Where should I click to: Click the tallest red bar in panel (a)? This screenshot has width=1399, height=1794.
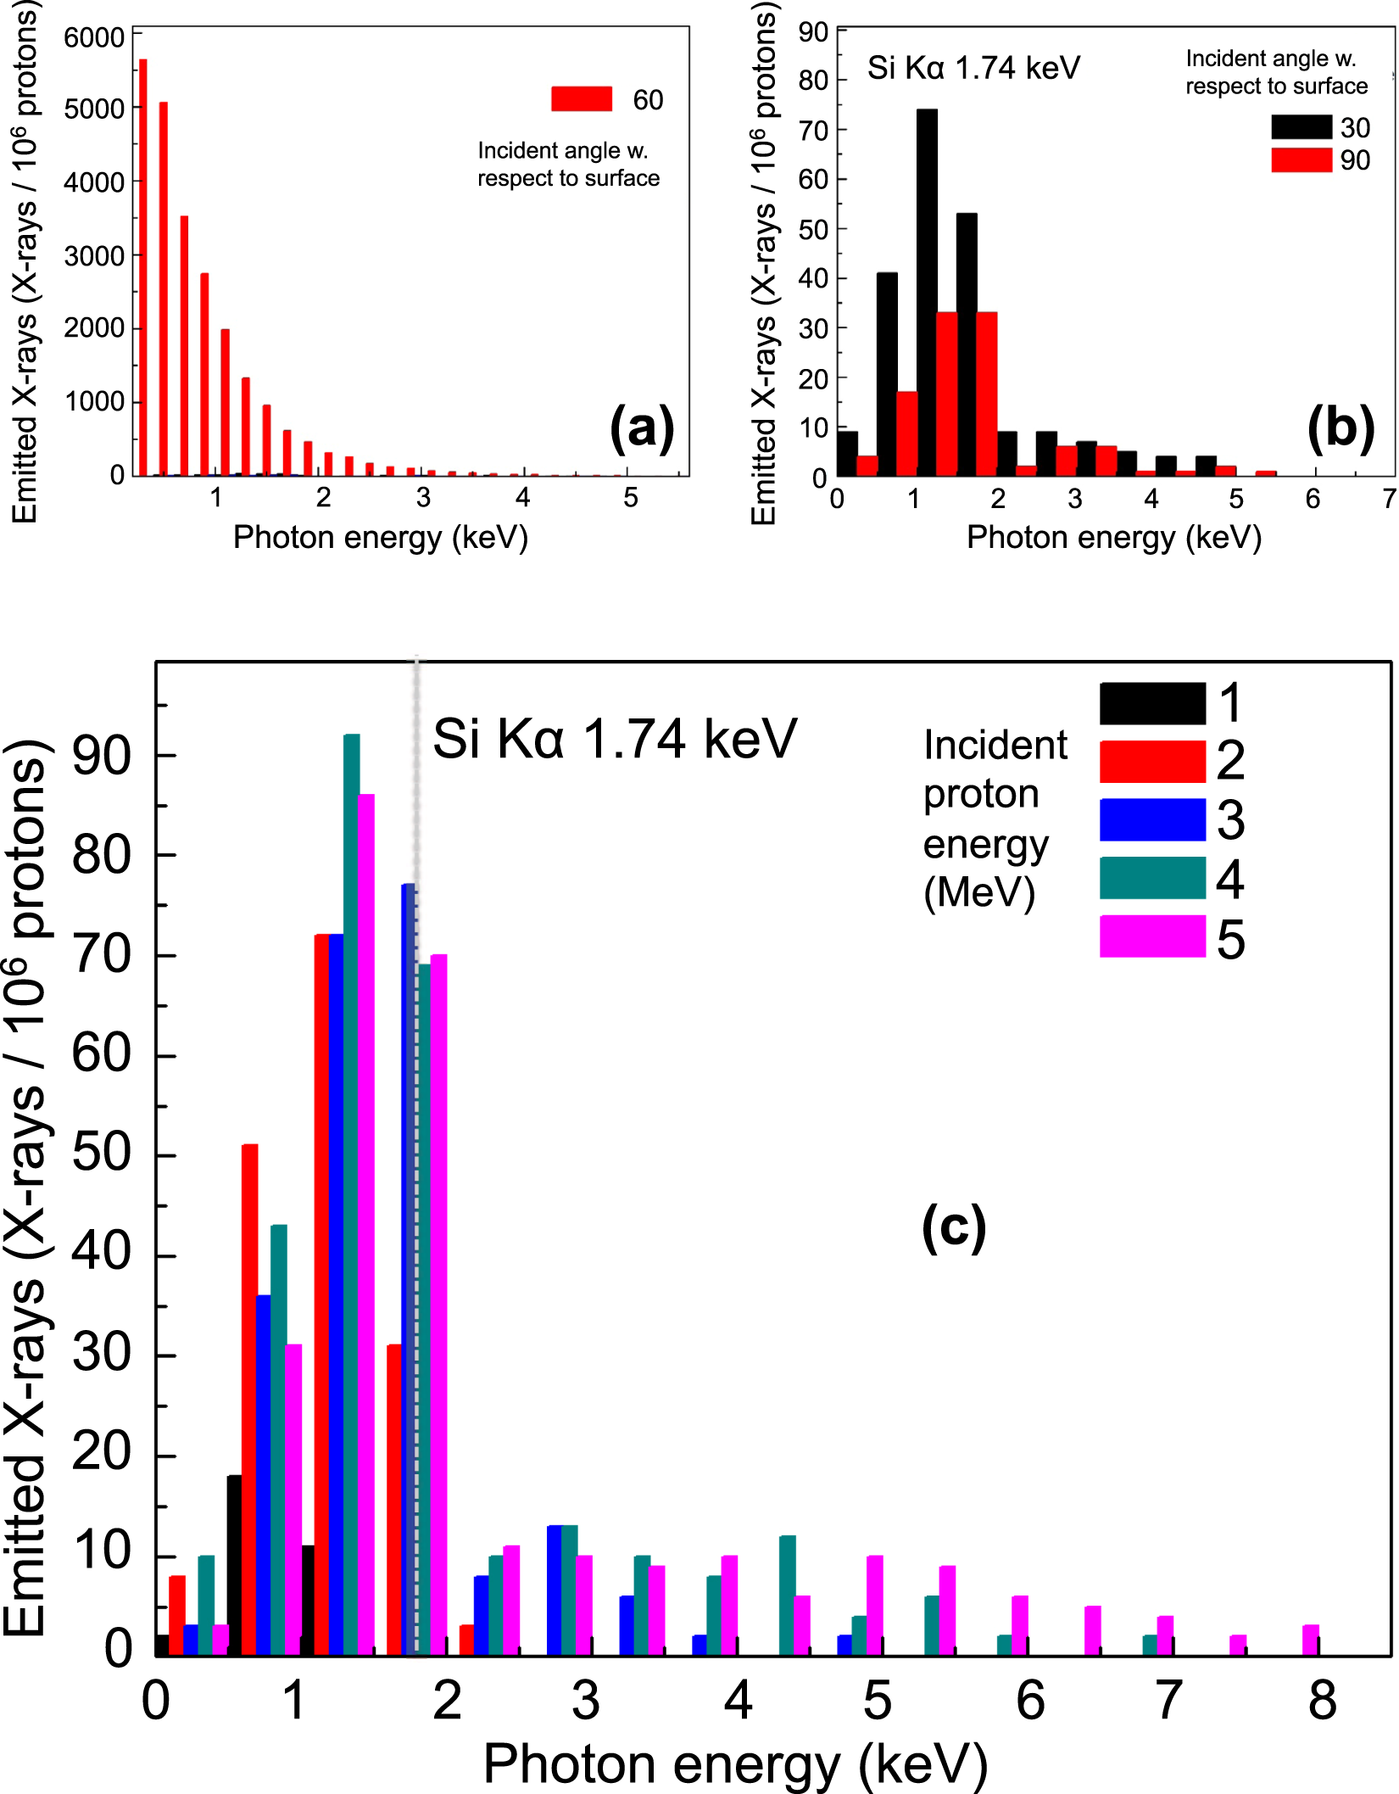(x=143, y=267)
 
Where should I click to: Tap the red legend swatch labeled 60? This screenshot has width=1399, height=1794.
(x=582, y=99)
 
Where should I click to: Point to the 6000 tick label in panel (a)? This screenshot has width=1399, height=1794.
(x=94, y=38)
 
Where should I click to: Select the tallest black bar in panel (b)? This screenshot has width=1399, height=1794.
(x=927, y=293)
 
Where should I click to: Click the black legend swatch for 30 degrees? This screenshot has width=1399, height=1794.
(x=1301, y=127)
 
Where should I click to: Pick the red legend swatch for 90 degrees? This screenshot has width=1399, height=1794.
(x=1301, y=159)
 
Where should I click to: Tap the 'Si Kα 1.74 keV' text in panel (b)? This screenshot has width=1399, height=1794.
(x=973, y=68)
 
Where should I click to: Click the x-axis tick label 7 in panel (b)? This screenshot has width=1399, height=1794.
(x=1388, y=499)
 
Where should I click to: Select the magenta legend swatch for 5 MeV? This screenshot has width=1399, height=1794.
(x=1152, y=936)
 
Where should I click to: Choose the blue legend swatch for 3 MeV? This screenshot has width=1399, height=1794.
(x=1152, y=819)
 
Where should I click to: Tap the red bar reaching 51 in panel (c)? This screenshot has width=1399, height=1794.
(x=249, y=1400)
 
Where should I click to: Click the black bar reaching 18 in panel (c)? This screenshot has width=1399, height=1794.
(x=234, y=1565)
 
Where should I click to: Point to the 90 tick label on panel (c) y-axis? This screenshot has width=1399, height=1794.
(x=101, y=755)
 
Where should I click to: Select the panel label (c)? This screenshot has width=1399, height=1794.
(x=954, y=1227)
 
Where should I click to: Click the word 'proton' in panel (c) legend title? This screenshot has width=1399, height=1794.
(x=981, y=795)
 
